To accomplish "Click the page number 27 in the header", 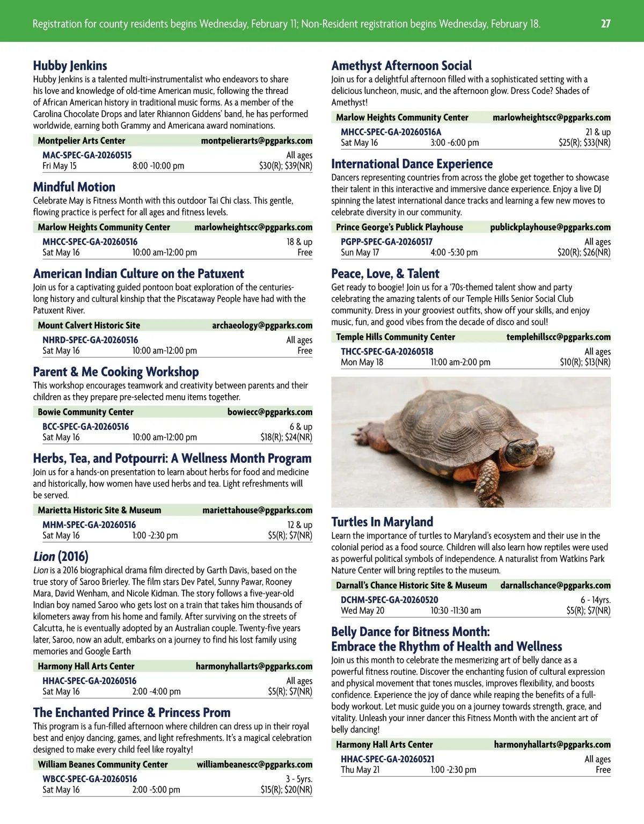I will pos(605,24).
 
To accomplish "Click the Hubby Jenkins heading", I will pos(70,65).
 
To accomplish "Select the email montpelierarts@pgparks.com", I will pos(257,141).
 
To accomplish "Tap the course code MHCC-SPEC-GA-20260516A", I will pos(391,132).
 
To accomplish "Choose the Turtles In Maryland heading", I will pos(382,522).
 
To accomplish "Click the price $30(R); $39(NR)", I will pos(286,166).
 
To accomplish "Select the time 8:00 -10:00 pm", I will pos(158,166).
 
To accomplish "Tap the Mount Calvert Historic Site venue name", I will pos(89,325).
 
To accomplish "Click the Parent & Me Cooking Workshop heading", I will pos(116,372).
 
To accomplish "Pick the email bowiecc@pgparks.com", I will pos(269,412).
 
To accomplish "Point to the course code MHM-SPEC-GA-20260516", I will pos(89,525).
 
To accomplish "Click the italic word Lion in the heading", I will pos(44,557).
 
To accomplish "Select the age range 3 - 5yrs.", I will pos(299,779).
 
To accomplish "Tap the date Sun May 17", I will pos(360,252).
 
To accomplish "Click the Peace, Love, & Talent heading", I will pos(385,274).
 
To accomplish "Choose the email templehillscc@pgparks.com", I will pos(558,337).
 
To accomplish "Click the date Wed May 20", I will pos(362,610).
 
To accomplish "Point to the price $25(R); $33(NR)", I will pos(584,143).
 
